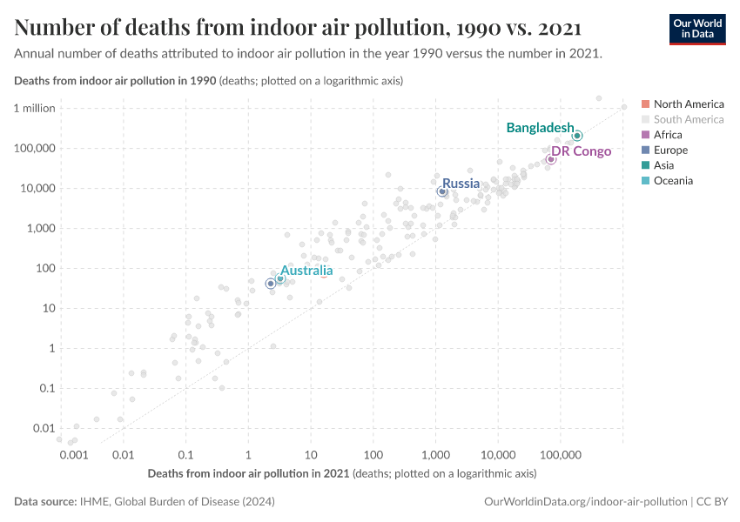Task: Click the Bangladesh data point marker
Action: pyautogui.click(x=577, y=136)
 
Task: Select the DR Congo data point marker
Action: pyautogui.click(x=551, y=159)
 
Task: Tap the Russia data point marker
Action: pyautogui.click(x=442, y=191)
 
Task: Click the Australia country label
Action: pyautogui.click(x=306, y=271)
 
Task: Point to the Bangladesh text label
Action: pyautogui.click(x=540, y=128)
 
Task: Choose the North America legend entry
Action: pyautogui.click(x=688, y=104)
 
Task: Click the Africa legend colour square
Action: pyautogui.click(x=645, y=135)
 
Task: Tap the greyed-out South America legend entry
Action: pyautogui.click(x=688, y=119)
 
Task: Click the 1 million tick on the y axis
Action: pyautogui.click(x=35, y=108)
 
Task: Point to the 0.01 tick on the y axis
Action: pyautogui.click(x=44, y=428)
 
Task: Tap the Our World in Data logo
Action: pyautogui.click(x=696, y=29)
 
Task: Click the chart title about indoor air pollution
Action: pyautogui.click(x=299, y=28)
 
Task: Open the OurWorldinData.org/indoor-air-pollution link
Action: pyautogui.click(x=584, y=502)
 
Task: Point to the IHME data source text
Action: pyautogui.click(x=174, y=502)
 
